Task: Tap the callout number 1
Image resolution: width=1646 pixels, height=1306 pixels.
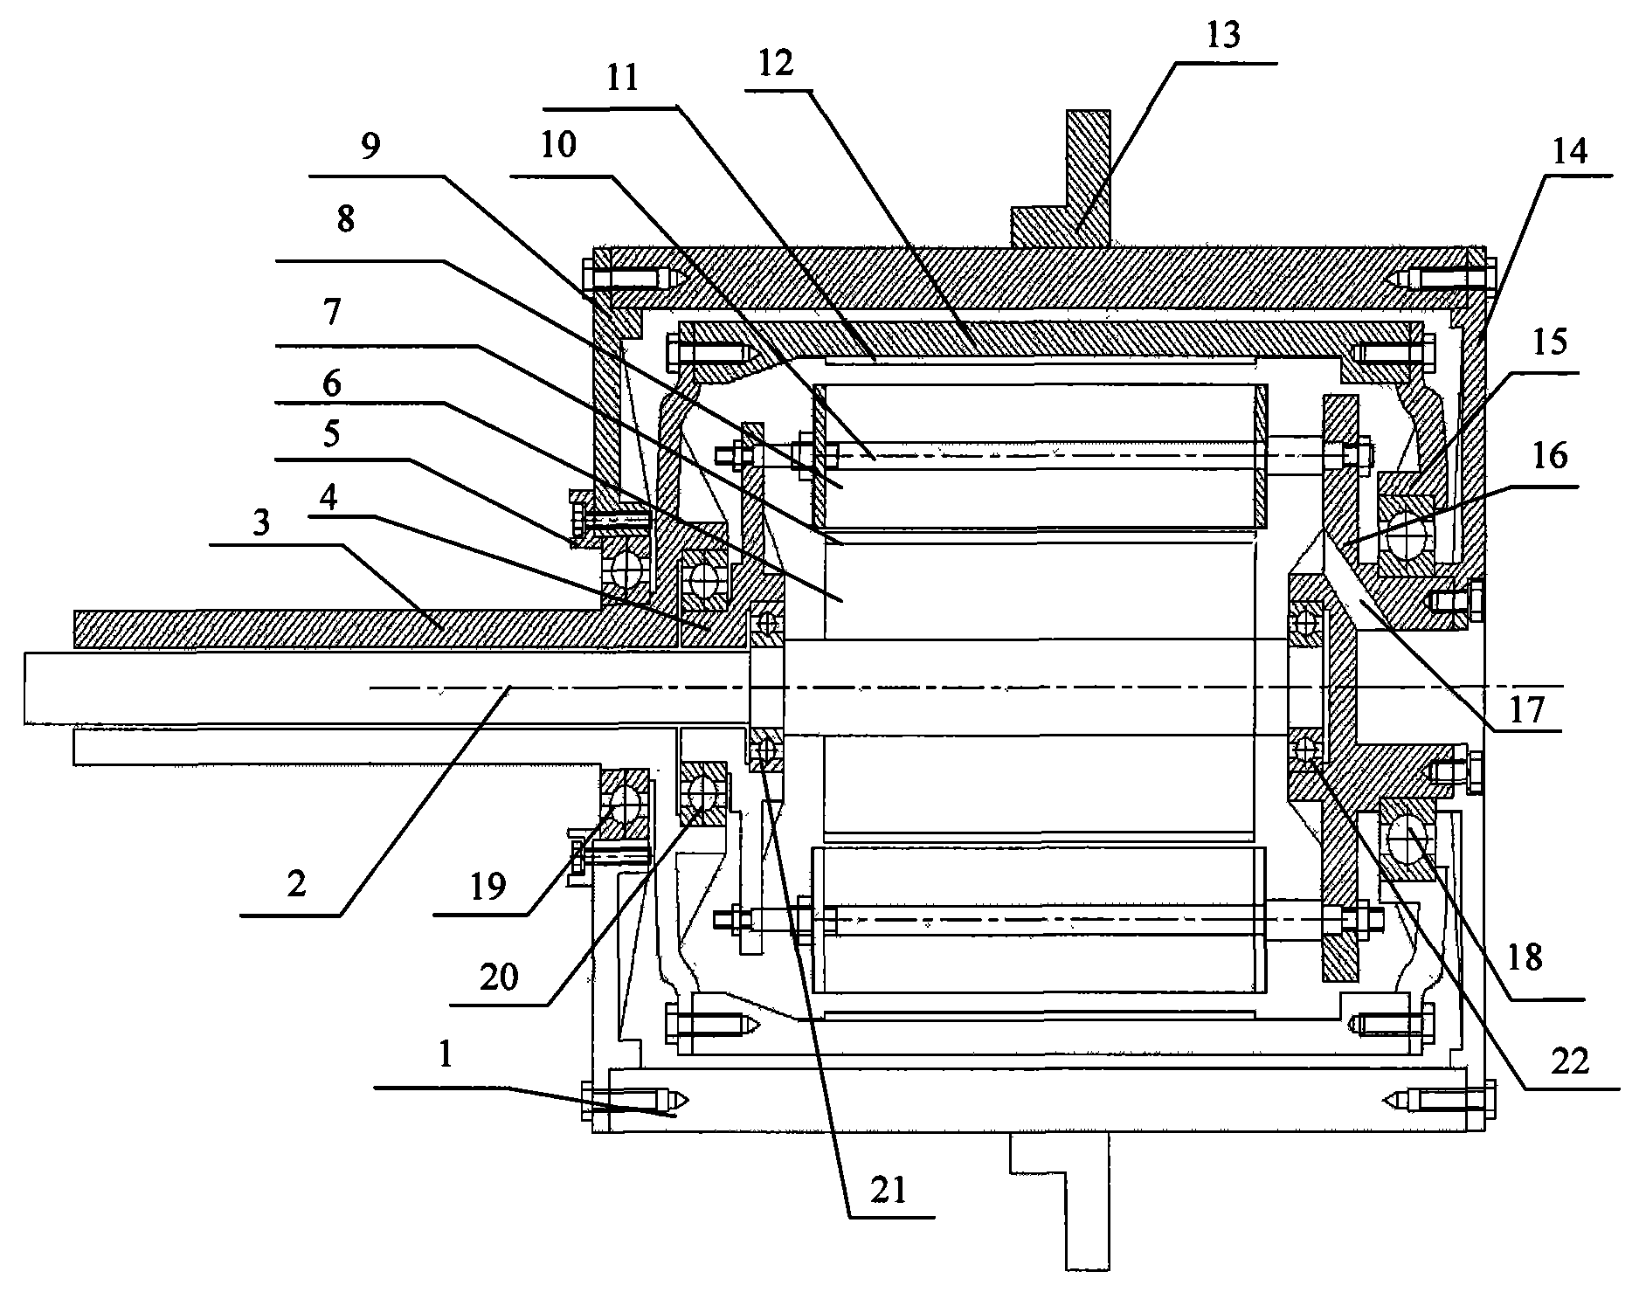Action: [446, 1055]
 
